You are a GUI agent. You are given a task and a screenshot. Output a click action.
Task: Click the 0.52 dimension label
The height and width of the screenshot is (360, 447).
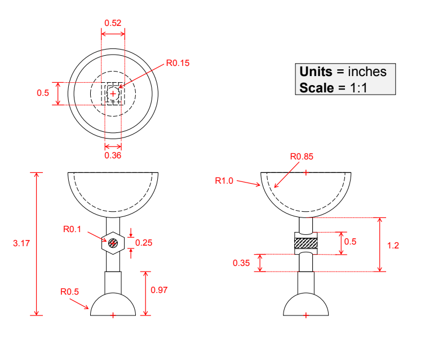click(113, 23)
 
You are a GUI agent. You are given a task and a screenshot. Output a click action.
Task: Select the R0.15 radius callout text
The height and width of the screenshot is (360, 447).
click(178, 63)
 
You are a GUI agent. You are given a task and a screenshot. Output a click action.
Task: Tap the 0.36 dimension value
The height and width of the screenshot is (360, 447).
click(113, 155)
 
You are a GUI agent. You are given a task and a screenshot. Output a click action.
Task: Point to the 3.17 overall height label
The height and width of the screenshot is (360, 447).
click(21, 243)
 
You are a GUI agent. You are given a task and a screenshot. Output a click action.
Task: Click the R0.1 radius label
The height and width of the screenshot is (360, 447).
click(72, 229)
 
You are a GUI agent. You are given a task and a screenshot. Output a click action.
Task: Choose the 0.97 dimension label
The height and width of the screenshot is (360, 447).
click(160, 290)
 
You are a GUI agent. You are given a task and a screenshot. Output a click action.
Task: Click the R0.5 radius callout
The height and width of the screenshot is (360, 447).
click(70, 292)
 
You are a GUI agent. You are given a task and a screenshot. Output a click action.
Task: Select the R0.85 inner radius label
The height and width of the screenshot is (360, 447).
click(302, 156)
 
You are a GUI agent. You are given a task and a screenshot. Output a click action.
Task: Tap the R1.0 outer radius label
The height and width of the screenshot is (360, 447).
click(224, 180)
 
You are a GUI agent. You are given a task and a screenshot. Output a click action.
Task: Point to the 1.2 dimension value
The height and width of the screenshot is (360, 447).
click(393, 246)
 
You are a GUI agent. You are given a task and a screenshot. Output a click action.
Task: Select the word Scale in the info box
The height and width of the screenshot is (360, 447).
click(315, 87)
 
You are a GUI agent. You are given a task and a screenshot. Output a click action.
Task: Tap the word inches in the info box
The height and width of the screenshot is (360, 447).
click(367, 72)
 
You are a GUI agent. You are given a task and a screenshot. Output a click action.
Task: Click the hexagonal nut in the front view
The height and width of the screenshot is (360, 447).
click(113, 243)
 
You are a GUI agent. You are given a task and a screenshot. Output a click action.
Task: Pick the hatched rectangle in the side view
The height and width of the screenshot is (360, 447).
click(306, 243)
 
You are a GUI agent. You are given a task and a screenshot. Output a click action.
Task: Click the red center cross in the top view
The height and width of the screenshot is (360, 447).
click(113, 94)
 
